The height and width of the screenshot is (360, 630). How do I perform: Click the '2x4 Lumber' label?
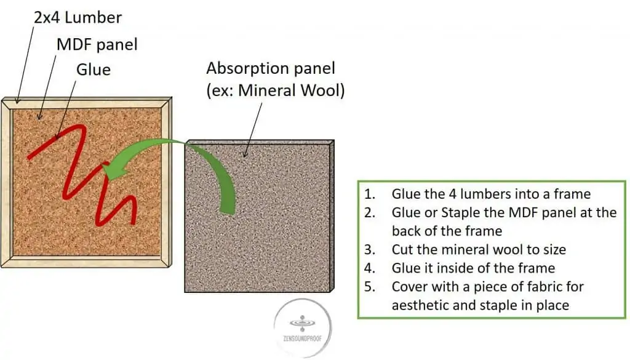click(78, 17)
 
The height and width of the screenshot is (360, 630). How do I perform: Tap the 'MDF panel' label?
click(97, 44)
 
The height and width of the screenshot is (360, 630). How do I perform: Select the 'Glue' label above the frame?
click(94, 69)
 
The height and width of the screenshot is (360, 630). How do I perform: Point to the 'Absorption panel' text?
click(271, 68)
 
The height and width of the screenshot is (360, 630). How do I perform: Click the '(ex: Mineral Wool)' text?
click(276, 90)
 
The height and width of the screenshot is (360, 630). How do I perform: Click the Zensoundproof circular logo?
click(303, 328)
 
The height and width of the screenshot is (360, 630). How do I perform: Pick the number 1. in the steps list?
click(370, 194)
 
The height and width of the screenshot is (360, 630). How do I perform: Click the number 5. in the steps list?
click(370, 287)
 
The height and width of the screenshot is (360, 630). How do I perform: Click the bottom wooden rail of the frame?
click(86, 262)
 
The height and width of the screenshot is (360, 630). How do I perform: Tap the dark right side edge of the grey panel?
click(332, 216)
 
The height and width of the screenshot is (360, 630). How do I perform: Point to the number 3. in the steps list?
click(370, 250)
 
